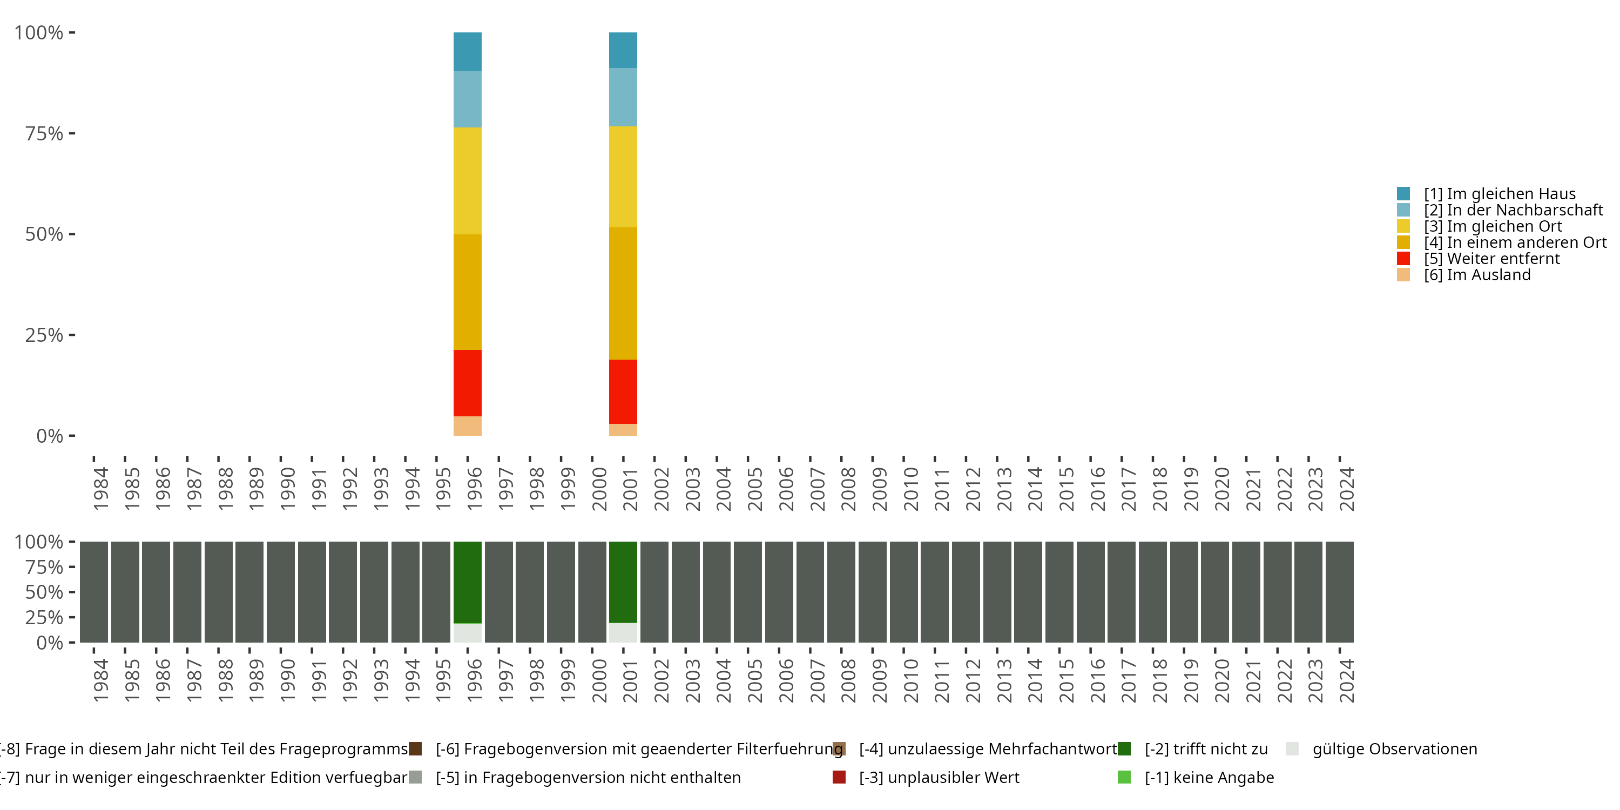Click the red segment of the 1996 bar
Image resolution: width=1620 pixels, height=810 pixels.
pos(467,383)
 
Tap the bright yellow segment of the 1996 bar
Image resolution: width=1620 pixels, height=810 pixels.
pos(467,181)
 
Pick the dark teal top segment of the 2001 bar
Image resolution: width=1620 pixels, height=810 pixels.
pos(623,50)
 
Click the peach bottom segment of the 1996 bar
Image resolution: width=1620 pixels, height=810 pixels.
pos(467,426)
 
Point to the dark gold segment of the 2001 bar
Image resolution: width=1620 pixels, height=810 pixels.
pos(623,293)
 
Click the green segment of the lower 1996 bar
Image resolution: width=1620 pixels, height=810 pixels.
pos(467,582)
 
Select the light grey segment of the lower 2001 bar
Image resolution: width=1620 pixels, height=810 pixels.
pos(623,633)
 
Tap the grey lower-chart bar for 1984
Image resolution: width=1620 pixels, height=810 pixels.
pos(94,592)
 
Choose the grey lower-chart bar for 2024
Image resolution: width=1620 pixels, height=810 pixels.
pos(1340,592)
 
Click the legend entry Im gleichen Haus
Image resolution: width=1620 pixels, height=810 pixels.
pos(1499,194)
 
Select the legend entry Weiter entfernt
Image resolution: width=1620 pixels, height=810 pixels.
pos(1491,259)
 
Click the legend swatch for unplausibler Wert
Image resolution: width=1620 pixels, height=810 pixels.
pos(839,777)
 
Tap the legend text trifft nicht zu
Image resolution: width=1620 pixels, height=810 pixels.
pos(1206,749)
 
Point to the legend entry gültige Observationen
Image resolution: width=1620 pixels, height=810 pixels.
pos(1394,749)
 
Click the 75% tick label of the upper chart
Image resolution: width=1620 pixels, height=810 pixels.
pos(44,133)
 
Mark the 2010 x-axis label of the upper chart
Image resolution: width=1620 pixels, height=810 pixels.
pos(910,489)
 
